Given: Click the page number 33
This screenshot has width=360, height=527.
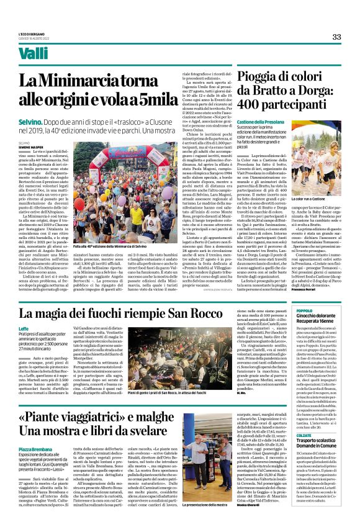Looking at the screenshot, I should pos(336,37).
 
